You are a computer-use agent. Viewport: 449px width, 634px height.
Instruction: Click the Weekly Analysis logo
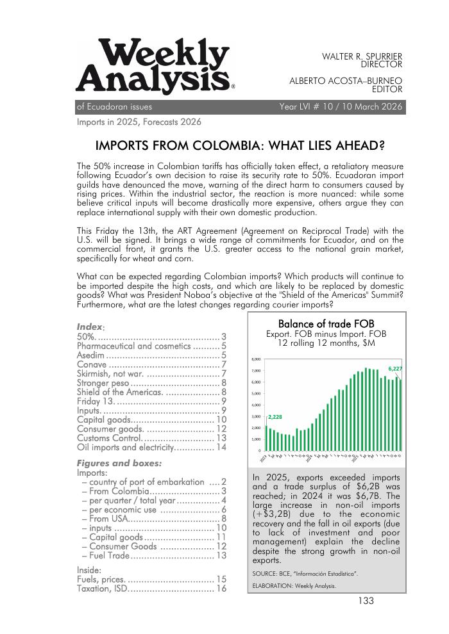pos(155,65)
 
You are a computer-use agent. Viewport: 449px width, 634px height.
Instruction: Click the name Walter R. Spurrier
pos(362,56)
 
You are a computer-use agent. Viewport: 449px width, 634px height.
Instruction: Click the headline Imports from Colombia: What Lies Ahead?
pos(239,145)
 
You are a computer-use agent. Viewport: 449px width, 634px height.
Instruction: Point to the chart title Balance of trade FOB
pos(326,324)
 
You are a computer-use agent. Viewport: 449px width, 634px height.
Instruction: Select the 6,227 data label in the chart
pos(396,369)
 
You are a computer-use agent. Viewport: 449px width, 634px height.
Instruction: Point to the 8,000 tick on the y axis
pos(255,359)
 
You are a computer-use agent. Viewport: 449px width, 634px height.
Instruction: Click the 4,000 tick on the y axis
pos(255,405)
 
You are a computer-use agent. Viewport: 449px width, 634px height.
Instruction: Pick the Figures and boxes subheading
pos(119,463)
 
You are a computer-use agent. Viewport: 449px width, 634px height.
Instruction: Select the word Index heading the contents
pos(89,327)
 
